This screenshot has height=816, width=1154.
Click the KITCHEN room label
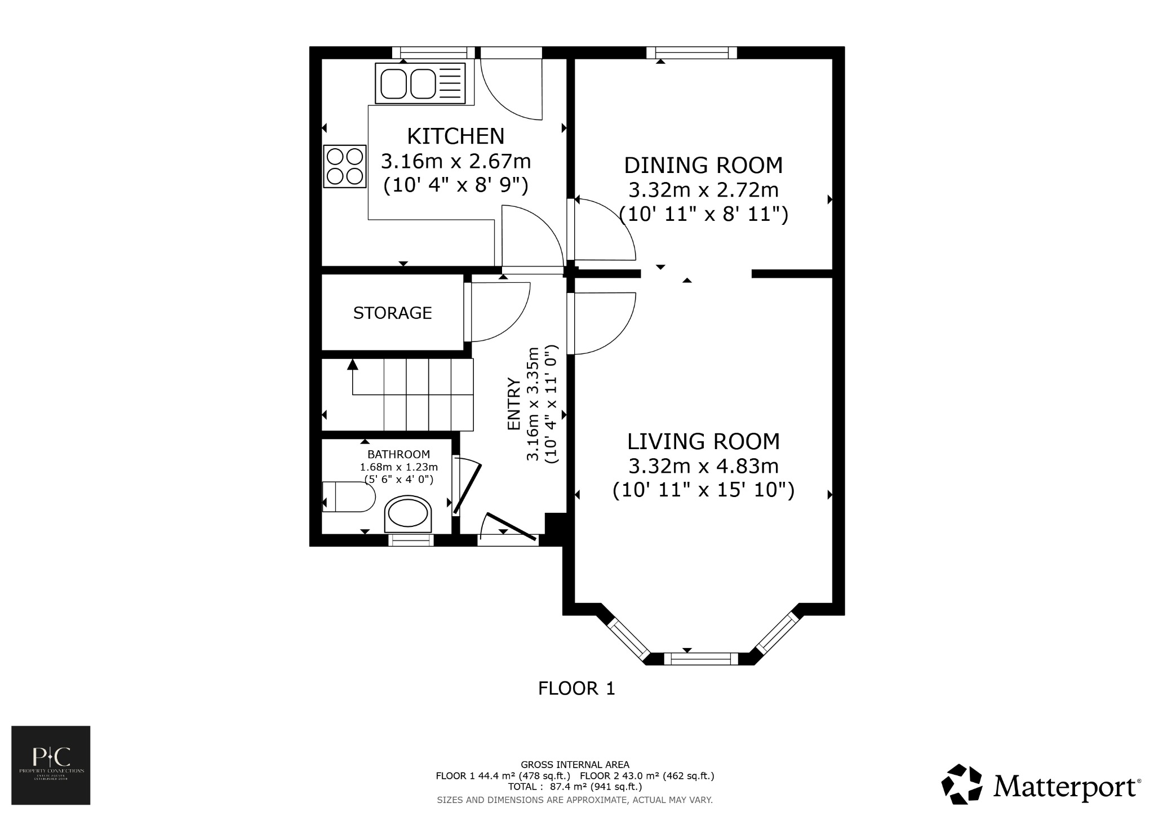[455, 136]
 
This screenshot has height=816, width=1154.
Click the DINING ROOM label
[703, 165]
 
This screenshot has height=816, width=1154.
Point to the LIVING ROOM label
[703, 441]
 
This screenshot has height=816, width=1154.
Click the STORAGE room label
[392, 313]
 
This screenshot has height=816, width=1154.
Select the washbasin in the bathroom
[409, 514]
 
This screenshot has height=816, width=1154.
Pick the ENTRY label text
[513, 403]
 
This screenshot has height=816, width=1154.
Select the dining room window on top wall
[691, 53]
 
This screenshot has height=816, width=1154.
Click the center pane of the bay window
[700, 658]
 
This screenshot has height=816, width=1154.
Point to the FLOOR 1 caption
[576, 689]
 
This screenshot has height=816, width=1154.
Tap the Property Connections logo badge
[51, 765]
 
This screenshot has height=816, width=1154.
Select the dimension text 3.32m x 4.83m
[703, 466]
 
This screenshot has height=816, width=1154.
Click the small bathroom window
[411, 540]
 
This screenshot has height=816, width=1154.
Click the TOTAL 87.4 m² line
[575, 787]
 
